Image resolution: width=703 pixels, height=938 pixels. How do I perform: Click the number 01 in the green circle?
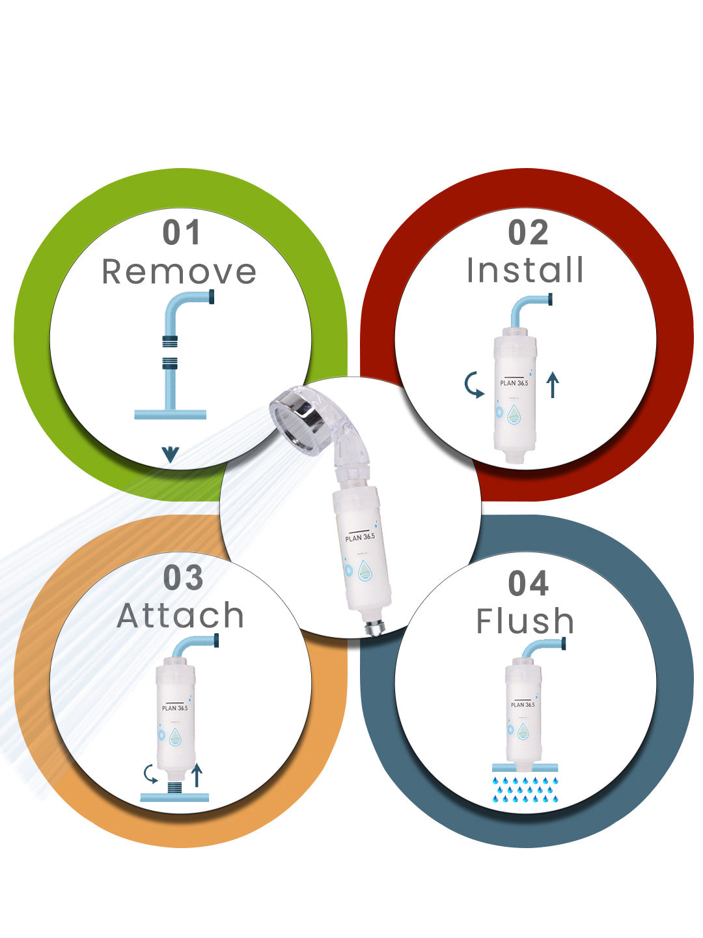pos(182,233)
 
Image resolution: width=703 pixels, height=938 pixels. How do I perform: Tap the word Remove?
pos(179,272)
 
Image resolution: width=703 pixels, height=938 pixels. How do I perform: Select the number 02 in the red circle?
pos(528,233)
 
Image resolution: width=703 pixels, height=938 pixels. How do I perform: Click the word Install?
pos(525,270)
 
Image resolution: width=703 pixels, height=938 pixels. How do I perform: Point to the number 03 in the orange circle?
pos(183,578)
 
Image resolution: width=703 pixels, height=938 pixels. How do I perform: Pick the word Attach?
pos(180,616)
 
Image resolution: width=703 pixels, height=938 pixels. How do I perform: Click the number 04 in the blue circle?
pos(528,583)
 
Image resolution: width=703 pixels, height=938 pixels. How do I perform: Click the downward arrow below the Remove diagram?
pos(171,454)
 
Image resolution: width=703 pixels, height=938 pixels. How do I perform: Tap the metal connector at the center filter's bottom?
pos(375,627)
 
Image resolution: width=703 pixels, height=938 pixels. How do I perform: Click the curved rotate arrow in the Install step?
pos(473,386)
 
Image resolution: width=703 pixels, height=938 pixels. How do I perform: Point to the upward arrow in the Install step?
pos(553,384)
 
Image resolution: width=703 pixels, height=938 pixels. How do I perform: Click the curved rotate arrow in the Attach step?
pos(151,774)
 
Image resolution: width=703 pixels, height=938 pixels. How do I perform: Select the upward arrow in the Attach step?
pos(197,775)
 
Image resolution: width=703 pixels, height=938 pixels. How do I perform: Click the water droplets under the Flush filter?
pos(525,789)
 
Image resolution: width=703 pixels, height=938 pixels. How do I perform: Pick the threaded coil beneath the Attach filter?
pos(175,787)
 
